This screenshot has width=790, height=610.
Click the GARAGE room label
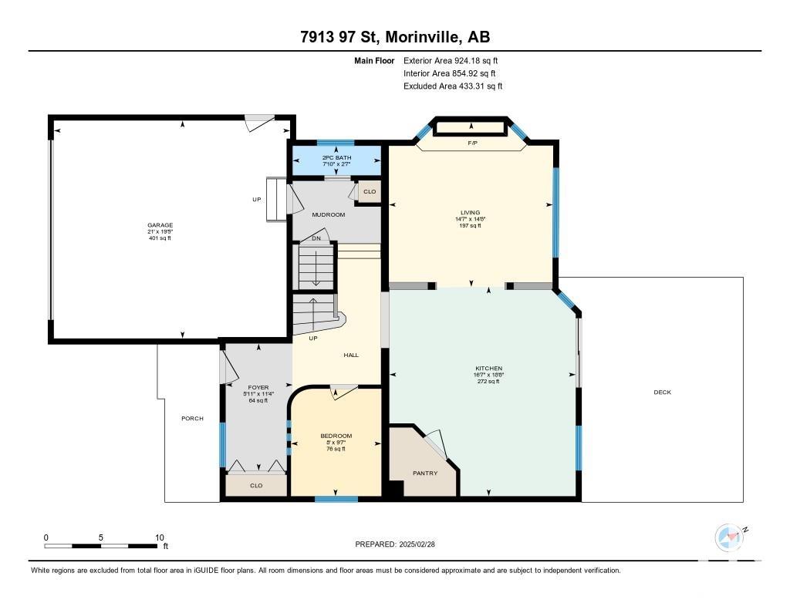[x=160, y=225]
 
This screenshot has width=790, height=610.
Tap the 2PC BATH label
[x=336, y=157]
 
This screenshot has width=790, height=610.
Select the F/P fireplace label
[x=473, y=143]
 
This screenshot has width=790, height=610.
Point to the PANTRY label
[x=425, y=473]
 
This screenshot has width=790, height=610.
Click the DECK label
[x=663, y=392]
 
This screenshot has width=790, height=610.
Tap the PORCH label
[x=192, y=418]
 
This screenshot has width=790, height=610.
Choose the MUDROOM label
[x=329, y=214]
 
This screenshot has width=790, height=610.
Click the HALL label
[x=351, y=355]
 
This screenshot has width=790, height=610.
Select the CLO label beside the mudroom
[x=370, y=191]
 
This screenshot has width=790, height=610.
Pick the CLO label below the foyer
[x=256, y=486]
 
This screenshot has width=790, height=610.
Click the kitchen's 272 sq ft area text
[x=488, y=381]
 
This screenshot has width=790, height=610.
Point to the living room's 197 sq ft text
[x=470, y=226]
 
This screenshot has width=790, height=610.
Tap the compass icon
[x=729, y=538]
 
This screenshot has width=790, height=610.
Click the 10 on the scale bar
[x=160, y=538]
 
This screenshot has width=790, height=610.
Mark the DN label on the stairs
[x=316, y=238]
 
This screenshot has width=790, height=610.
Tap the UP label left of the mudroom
[x=257, y=200]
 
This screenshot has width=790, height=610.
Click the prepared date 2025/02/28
[x=417, y=544]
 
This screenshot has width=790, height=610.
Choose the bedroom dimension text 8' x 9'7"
[x=336, y=443]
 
